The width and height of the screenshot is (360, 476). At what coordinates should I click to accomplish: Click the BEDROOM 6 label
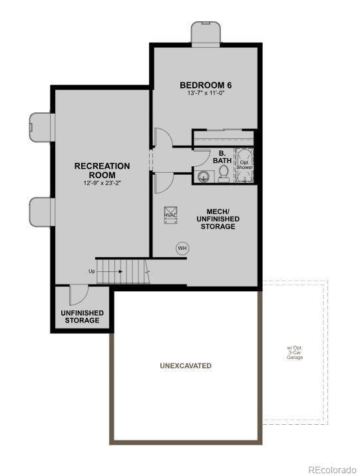[205, 85]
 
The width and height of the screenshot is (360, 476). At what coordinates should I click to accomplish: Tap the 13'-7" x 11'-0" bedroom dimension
[205, 94]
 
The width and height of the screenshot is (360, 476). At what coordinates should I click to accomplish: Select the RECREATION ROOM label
[102, 170]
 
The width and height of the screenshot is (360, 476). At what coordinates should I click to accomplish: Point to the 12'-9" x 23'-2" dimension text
[102, 183]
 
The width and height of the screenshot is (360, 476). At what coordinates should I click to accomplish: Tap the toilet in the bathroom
[224, 174]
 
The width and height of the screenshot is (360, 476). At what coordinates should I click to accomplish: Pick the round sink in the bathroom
[204, 176]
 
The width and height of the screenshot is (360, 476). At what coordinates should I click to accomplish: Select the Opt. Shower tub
[244, 164]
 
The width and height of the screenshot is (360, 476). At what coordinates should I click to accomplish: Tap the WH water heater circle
[182, 248]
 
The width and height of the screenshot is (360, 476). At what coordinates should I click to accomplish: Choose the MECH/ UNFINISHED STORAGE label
[218, 219]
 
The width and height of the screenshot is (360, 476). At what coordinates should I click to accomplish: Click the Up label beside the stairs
[92, 271]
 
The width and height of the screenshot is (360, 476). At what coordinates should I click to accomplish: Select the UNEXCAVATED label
[186, 366]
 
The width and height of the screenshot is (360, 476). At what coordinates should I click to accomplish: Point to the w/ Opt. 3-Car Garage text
[295, 352]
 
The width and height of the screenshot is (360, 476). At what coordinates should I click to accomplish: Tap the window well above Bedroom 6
[206, 33]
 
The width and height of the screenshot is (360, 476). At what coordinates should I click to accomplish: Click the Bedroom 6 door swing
[162, 138]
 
